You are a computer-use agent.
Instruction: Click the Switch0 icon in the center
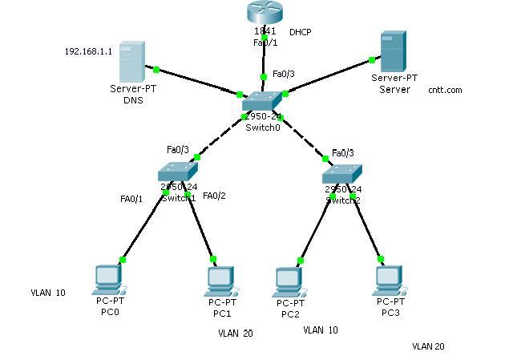coord(263,103)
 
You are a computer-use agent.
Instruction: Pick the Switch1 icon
coord(177,172)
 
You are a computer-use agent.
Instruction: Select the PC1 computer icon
coord(220,279)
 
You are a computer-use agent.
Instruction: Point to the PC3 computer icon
coord(389,277)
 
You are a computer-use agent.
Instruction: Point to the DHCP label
coord(301,32)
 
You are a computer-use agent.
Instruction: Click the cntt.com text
coord(445,91)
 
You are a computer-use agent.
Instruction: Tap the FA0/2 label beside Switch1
coord(215,196)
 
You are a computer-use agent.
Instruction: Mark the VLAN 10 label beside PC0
coord(48,293)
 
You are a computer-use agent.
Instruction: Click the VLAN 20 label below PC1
coord(235,333)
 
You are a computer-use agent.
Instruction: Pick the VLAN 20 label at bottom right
coord(428,346)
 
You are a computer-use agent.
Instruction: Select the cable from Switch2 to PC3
coord(367,227)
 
